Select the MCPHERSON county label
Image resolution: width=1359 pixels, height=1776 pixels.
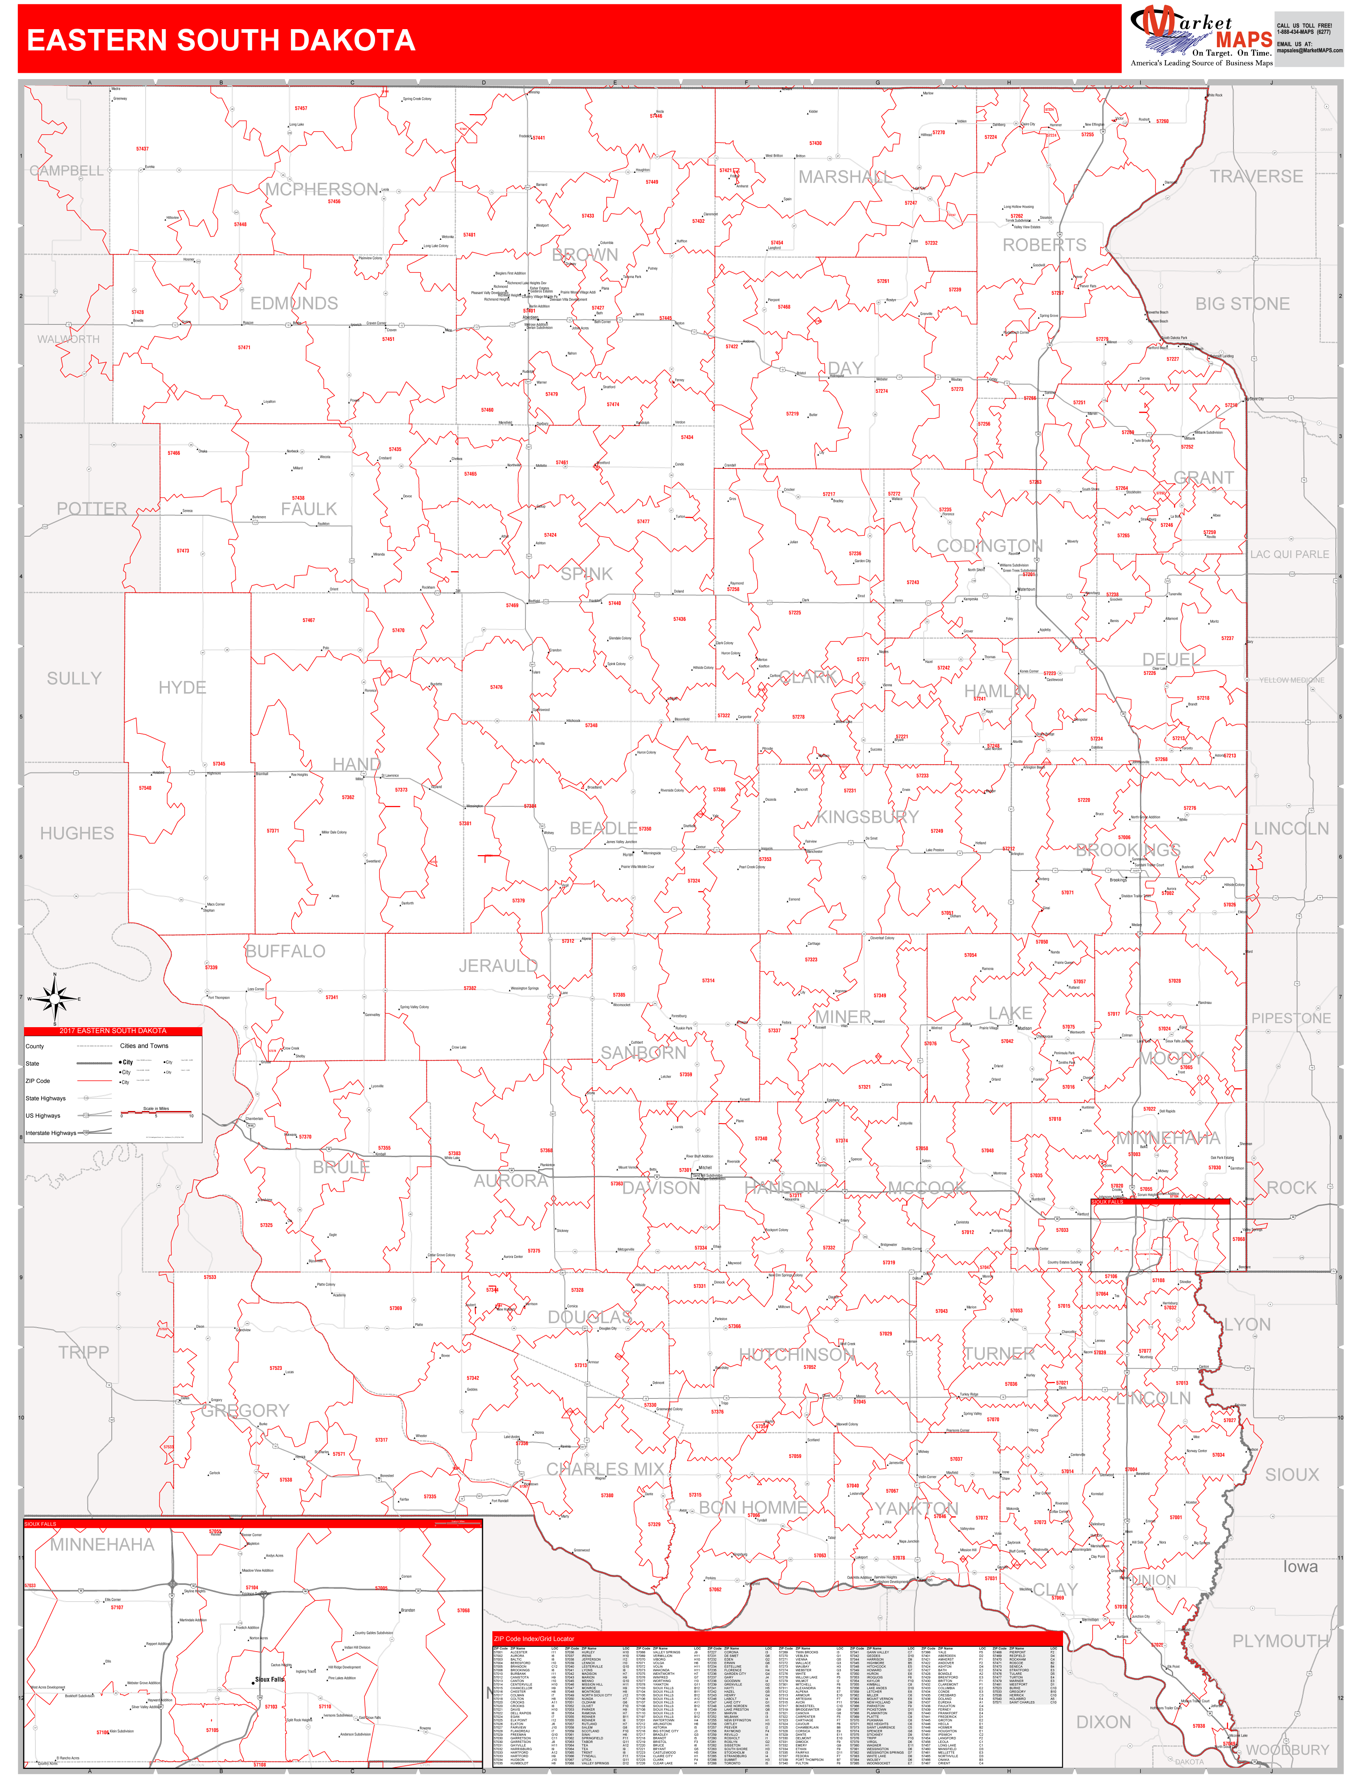tap(322, 189)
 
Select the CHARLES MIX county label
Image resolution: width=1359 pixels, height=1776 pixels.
tap(605, 1469)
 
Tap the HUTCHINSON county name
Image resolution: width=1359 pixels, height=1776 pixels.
tap(797, 1354)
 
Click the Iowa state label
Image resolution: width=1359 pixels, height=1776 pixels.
tap(1300, 1567)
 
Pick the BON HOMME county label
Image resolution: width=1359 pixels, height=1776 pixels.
tap(753, 1507)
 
